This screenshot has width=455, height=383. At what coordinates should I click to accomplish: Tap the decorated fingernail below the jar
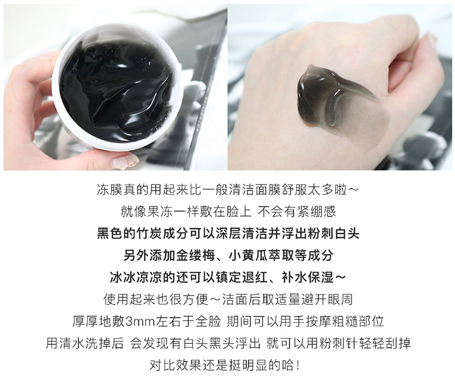(125, 160)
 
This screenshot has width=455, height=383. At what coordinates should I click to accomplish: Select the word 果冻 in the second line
(160, 211)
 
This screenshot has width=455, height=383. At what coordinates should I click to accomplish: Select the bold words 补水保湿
(307, 277)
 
